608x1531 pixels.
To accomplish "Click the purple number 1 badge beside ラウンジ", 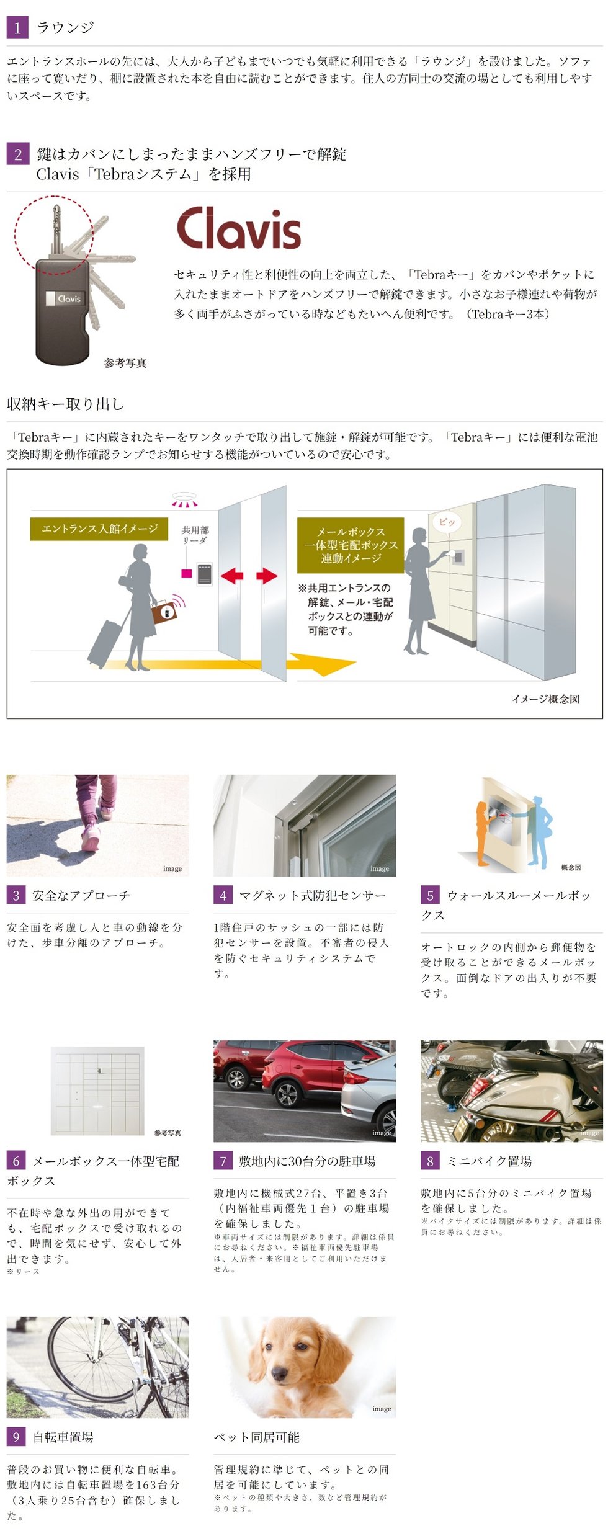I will coord(17,27).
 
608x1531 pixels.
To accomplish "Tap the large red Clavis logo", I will coord(239,228).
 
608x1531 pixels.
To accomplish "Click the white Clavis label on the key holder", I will coord(65,298).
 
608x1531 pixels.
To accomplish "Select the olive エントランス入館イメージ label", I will coord(99,529).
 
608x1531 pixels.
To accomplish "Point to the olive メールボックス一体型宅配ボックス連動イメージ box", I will coord(351,545).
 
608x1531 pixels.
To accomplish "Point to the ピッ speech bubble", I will coord(447,522).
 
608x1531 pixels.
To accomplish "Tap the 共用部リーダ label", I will coord(195,534).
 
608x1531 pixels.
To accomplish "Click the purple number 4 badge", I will coord(223,895).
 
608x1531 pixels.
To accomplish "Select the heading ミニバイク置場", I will coord(490,1161).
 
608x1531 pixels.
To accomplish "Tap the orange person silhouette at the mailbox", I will coord(483,831).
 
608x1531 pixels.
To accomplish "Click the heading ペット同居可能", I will coord(256,1437).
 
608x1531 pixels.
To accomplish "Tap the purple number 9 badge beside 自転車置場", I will coord(16,1437).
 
